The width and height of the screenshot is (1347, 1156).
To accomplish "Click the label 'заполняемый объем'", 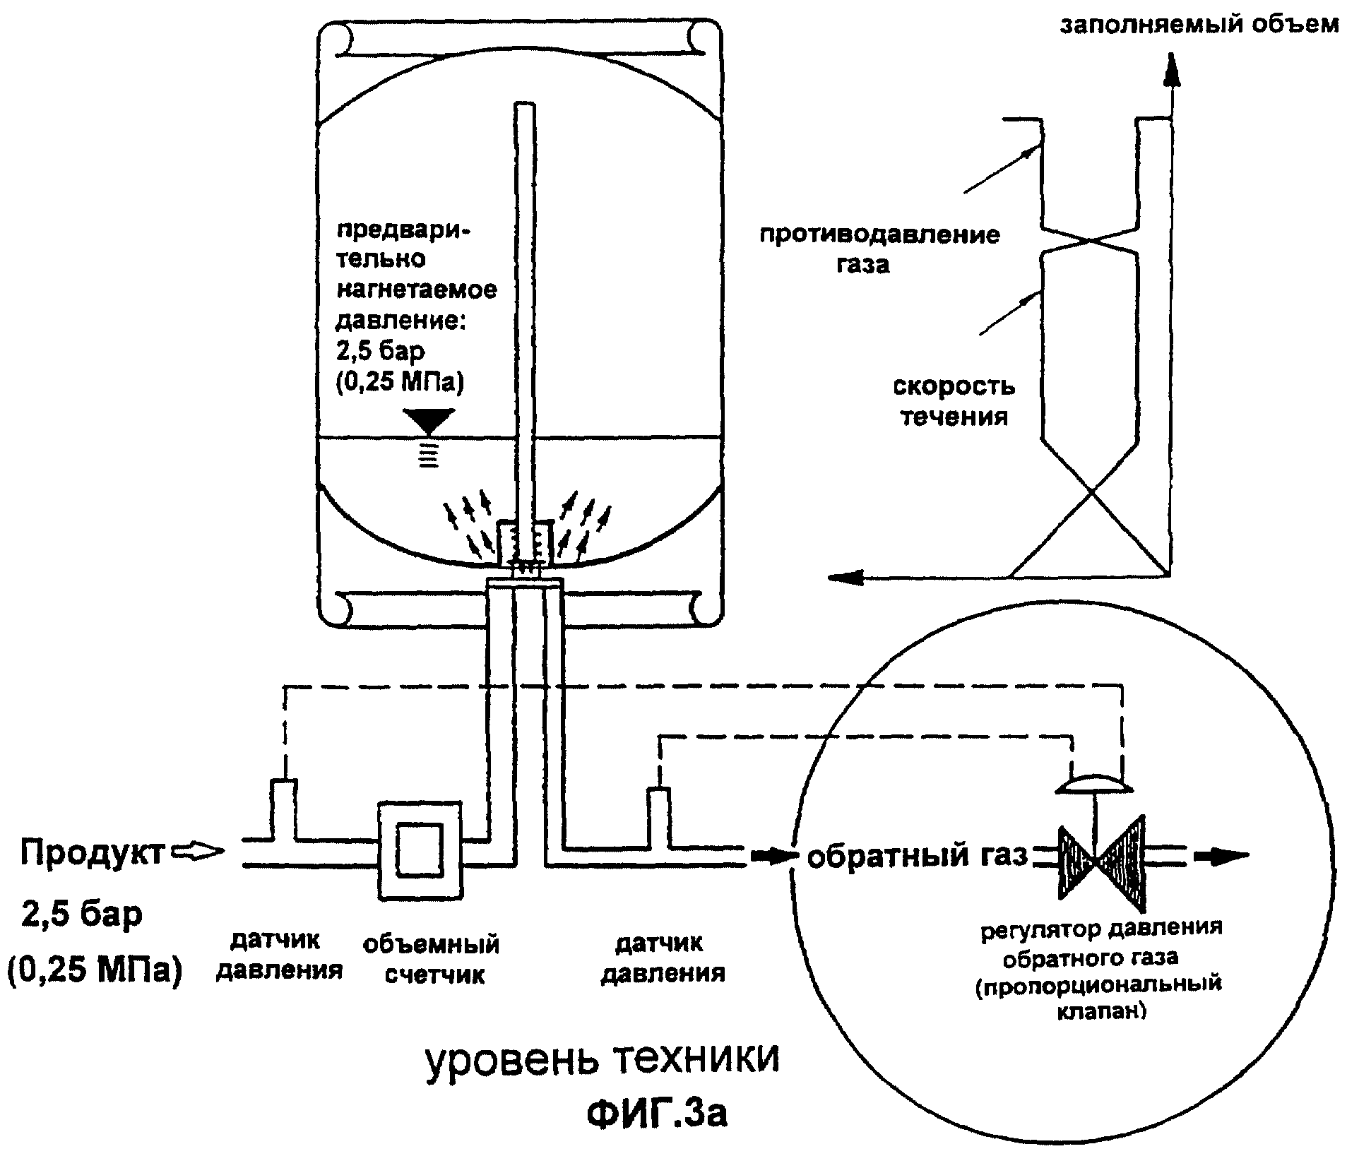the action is click(x=1199, y=25).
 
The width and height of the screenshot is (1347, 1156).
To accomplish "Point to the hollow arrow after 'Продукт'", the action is click(x=198, y=852).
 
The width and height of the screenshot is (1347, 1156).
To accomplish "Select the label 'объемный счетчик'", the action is click(x=432, y=958).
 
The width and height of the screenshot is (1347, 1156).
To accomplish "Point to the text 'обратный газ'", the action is click(x=917, y=855).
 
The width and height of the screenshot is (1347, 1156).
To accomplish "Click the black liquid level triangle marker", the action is click(x=427, y=421).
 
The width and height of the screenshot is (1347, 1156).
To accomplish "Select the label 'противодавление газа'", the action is click(x=879, y=249).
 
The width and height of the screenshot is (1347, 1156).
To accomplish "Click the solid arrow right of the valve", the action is click(x=1221, y=856).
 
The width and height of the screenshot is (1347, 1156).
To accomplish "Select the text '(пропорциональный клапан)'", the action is click(x=1099, y=997).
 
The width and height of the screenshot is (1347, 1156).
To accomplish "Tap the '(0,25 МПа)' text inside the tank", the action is click(x=400, y=381).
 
